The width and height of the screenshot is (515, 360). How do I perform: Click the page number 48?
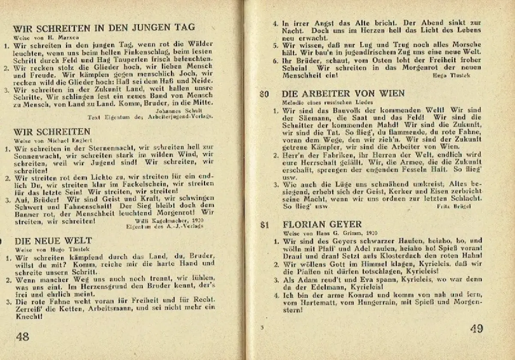[x=22, y=336]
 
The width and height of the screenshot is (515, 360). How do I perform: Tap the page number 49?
[x=476, y=329]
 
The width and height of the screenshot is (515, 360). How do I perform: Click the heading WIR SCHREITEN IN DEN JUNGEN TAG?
[x=104, y=28]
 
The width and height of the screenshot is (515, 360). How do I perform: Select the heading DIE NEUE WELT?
[x=53, y=240]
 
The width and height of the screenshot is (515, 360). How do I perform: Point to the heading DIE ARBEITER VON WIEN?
[x=343, y=93]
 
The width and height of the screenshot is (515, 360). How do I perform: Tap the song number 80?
[x=264, y=94]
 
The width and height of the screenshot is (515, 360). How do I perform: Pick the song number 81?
[x=264, y=224]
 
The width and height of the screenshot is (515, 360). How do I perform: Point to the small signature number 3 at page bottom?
[x=261, y=328]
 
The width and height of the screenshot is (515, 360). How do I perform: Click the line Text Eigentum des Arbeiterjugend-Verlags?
[x=150, y=116]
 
